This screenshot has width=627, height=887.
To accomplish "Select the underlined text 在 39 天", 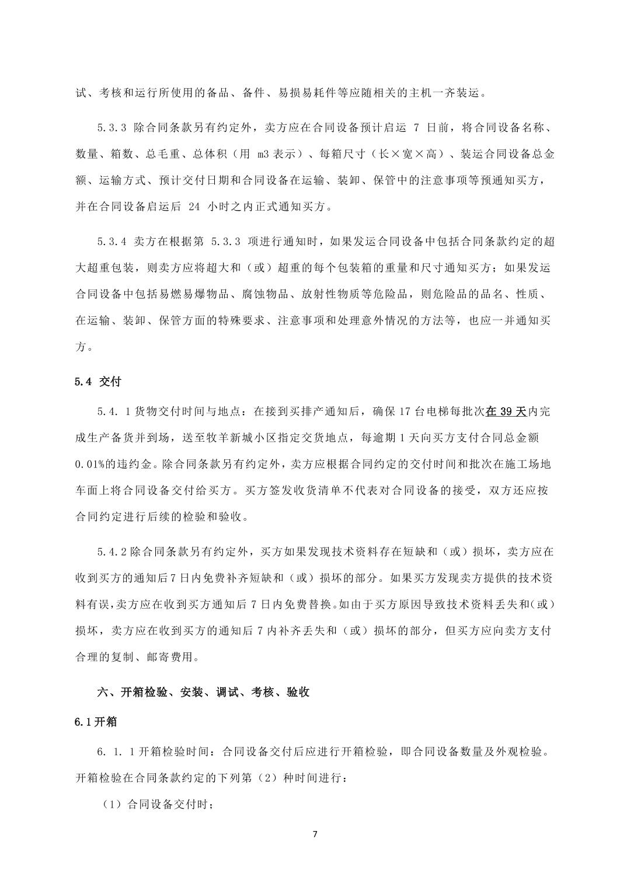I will [506, 411].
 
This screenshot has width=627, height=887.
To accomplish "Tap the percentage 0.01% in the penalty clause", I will [89, 464].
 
